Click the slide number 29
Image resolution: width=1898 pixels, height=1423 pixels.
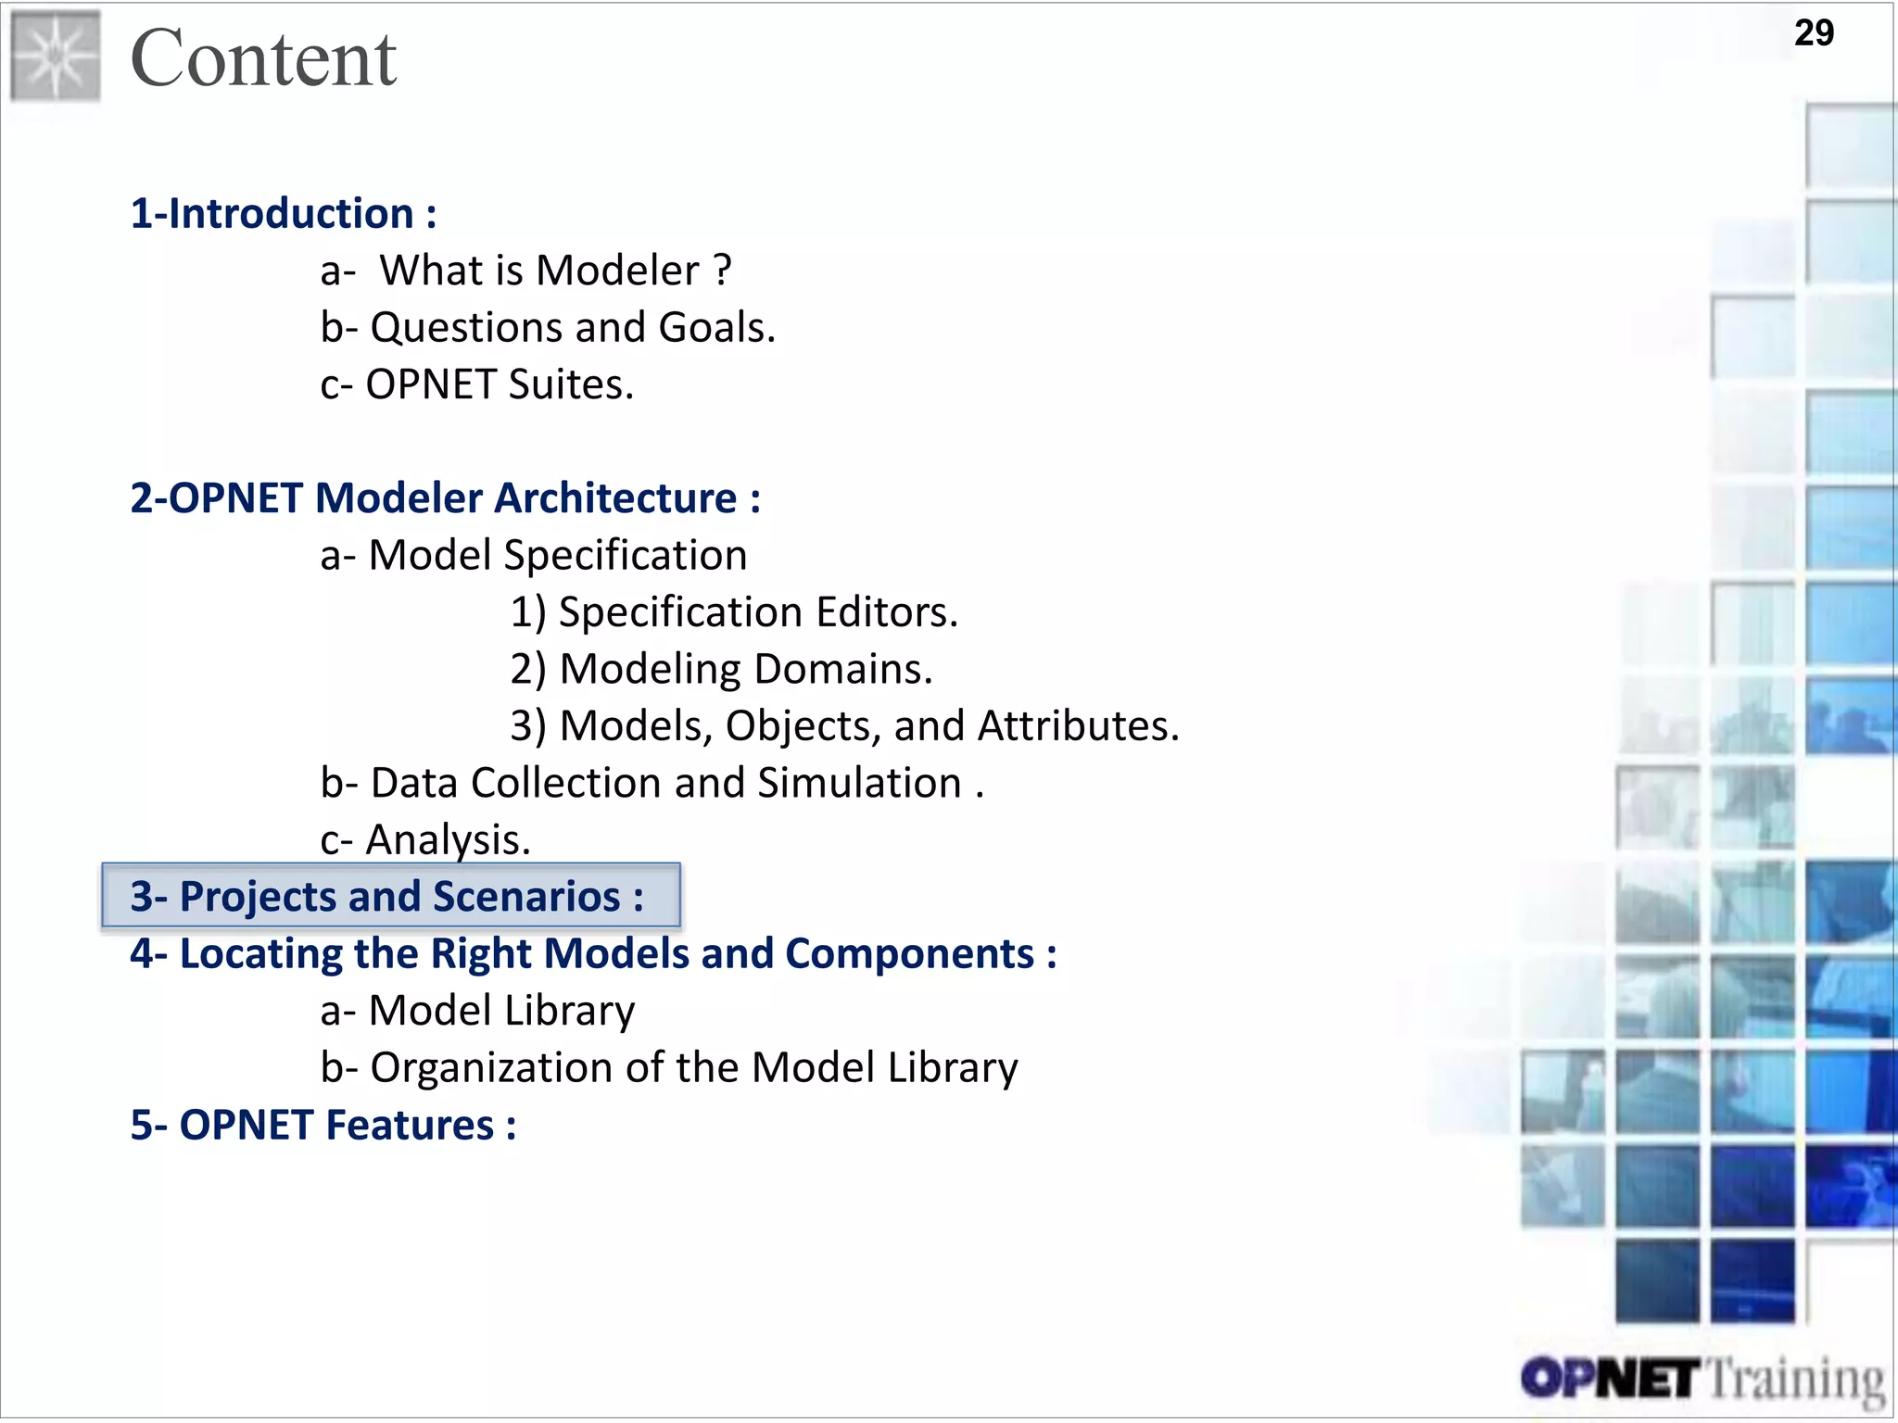1814,33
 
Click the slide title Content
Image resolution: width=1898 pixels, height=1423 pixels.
264,58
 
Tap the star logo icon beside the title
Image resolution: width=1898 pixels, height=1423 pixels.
56,56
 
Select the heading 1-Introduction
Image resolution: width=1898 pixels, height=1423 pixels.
283,214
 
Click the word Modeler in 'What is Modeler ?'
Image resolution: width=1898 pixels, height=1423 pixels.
617,271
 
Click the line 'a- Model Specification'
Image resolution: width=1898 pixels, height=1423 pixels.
534,556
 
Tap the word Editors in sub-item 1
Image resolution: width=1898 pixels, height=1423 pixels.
887,613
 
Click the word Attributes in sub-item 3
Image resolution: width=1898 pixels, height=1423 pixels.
1078,726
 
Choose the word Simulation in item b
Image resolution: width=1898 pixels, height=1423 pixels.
860,784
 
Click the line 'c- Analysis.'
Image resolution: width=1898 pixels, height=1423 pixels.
425,840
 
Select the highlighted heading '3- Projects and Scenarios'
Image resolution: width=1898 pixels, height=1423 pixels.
387,897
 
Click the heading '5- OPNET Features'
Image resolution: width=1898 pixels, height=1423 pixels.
323,1126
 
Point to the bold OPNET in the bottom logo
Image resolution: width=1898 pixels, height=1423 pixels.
1611,1379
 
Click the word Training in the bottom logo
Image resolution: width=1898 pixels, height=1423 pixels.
1795,1380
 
